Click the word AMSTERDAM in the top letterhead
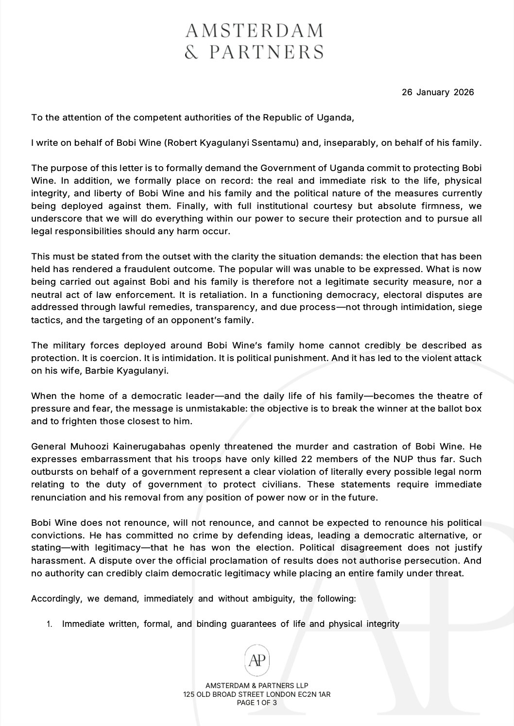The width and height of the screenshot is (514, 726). (254, 31)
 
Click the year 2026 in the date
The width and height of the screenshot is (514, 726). (464, 92)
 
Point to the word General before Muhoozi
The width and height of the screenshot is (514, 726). (48, 446)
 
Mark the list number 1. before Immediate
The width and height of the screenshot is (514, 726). (50, 624)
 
